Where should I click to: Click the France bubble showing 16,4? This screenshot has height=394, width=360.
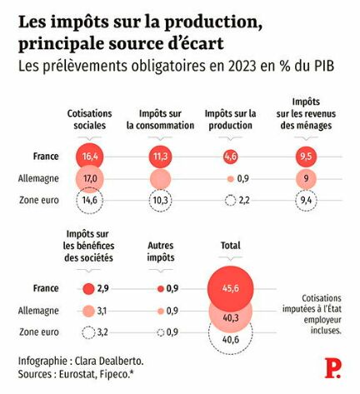coord(89,157)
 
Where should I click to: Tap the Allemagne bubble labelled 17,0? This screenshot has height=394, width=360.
coord(89,178)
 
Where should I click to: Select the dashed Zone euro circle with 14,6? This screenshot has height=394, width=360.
coord(89,200)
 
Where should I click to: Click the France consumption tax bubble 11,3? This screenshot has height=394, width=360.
coord(161,157)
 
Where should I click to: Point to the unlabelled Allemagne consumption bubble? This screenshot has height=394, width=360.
coord(161,179)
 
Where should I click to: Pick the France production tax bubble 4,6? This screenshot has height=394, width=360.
coord(231,157)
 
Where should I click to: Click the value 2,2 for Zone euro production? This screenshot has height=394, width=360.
coord(244,200)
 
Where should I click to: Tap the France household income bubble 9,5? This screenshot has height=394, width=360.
coord(306,157)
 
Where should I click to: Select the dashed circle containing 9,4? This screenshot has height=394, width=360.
coord(306,200)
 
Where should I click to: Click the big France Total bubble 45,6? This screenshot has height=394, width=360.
coord(231,289)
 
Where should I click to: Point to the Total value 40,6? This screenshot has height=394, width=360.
coord(231,339)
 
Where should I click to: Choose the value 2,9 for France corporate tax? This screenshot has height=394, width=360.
coord(102,289)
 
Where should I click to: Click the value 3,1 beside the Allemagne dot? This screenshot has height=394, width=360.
coord(102,311)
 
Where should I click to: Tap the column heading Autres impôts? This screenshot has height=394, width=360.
coord(161,252)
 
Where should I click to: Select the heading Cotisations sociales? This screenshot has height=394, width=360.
coord(90,119)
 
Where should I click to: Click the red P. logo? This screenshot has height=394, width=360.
coord(332,368)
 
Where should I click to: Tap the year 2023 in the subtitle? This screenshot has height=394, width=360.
coord(242,67)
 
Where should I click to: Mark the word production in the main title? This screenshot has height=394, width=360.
coord(213,23)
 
